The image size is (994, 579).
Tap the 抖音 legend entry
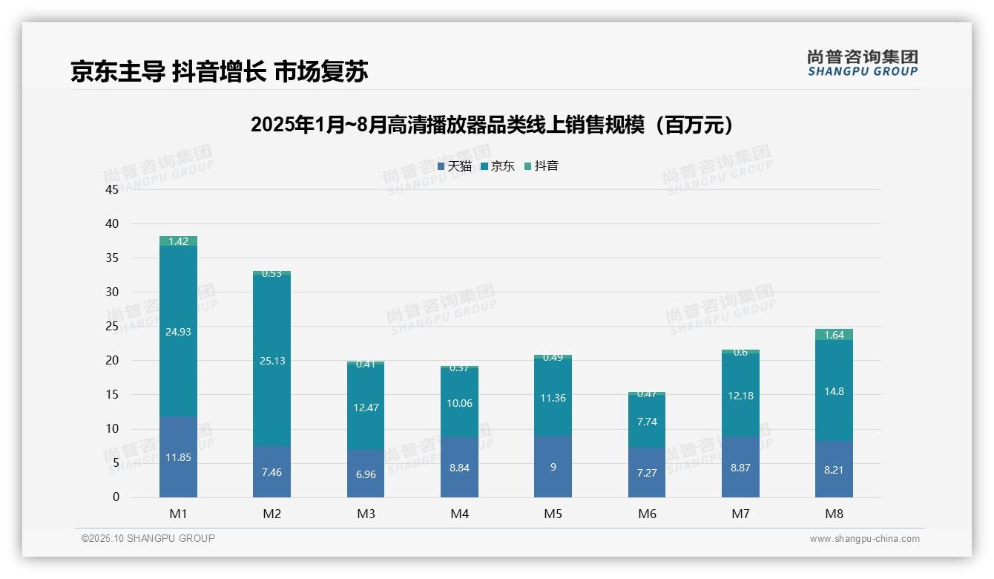[x=542, y=166]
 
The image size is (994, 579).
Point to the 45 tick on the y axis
[x=112, y=189]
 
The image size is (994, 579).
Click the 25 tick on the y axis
[x=112, y=326]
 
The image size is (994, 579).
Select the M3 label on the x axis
[x=366, y=514]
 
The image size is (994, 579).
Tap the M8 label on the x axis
[x=834, y=514]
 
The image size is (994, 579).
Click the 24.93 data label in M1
[x=178, y=332]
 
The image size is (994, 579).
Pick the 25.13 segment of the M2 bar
[x=272, y=361]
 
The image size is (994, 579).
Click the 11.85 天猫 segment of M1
[x=178, y=457]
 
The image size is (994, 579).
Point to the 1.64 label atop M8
[x=834, y=335]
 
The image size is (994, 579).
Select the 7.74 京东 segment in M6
[x=647, y=422]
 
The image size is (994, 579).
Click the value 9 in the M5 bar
[x=553, y=467]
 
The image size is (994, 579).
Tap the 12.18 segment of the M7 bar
[x=740, y=396]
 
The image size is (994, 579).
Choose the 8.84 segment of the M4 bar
[x=459, y=468]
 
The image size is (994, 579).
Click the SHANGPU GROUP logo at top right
[x=862, y=63]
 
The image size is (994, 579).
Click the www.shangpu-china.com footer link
[x=864, y=539]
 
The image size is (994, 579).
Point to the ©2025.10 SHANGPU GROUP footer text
[x=148, y=538]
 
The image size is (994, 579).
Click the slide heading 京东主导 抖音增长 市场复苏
[x=220, y=71]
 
